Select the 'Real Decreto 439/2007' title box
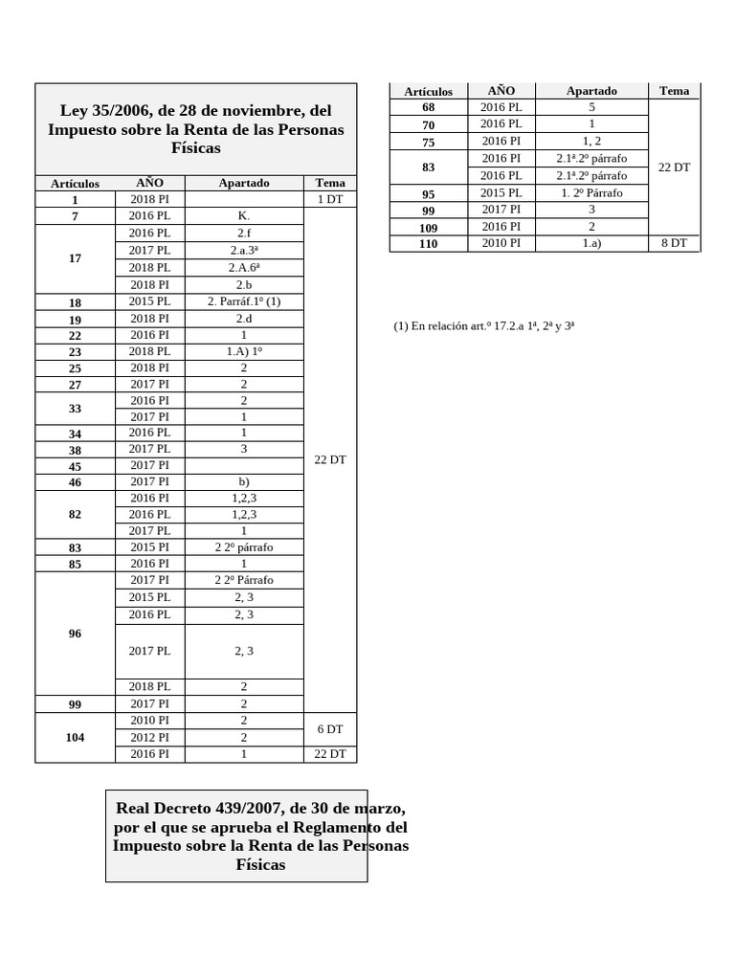tap(235, 836)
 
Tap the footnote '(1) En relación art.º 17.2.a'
tap(483, 326)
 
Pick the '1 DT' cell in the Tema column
tap(329, 199)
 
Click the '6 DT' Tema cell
tap(329, 729)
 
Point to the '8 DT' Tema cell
tap(674, 243)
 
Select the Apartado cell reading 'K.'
tap(243, 216)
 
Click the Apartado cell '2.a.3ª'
tap(243, 250)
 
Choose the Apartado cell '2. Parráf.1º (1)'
tap(243, 301)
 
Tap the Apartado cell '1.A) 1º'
tap(243, 351)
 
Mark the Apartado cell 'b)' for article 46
tap(243, 482)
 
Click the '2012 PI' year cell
tap(149, 738)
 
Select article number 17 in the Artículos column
tap(76, 258)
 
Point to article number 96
tap(76, 634)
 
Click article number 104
tap(76, 738)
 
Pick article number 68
tap(428, 107)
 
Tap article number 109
tap(428, 228)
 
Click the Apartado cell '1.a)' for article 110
tap(591, 244)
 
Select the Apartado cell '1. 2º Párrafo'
tap(591, 193)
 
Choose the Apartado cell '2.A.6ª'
tap(243, 267)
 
